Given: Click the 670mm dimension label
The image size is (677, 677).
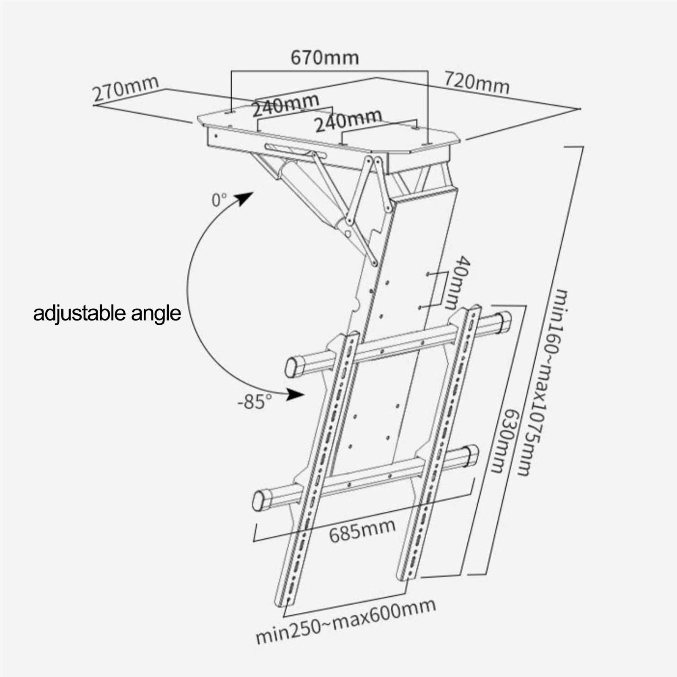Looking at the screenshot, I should [x=324, y=58].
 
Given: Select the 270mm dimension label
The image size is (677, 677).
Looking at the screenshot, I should [x=126, y=89].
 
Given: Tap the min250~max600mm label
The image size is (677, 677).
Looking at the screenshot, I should [x=345, y=620].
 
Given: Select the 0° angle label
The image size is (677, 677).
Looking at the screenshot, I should [x=219, y=200].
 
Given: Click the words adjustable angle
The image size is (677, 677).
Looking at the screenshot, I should [x=107, y=314].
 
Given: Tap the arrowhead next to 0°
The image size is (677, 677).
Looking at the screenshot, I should [x=244, y=197].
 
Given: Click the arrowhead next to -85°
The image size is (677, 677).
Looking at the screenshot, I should [x=296, y=394].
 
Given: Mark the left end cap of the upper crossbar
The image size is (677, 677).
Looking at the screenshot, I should [x=292, y=366].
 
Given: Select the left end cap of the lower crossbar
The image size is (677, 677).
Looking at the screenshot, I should [x=258, y=501].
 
